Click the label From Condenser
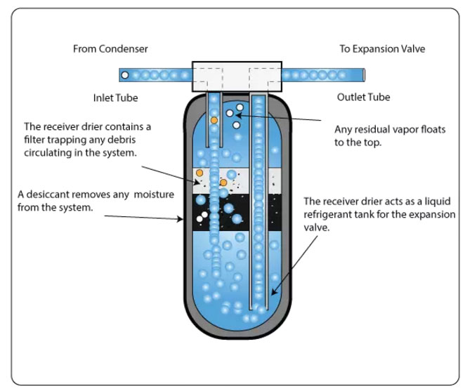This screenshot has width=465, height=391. pyautogui.click(x=110, y=49)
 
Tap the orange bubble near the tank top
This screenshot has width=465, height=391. pyautogui.click(x=214, y=120)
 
